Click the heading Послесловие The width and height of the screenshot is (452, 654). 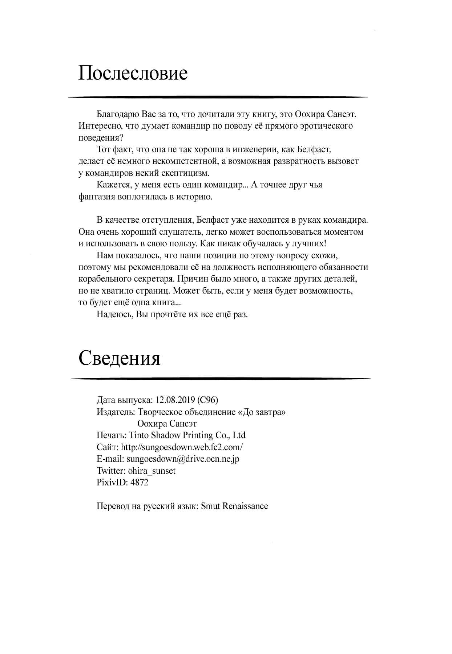pos(133,73)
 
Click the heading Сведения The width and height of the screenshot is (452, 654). pos(119,358)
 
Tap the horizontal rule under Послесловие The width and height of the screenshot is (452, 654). pos(218,97)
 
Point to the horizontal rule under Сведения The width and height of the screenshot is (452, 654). pos(221,379)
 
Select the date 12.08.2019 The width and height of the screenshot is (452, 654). pos(175,400)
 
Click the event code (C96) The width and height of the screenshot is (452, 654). pos(207,400)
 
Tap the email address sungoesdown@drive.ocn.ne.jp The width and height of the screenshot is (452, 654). pos(183,459)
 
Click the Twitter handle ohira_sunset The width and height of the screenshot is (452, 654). pos(152,471)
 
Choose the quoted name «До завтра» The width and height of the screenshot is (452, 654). pos(261,412)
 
